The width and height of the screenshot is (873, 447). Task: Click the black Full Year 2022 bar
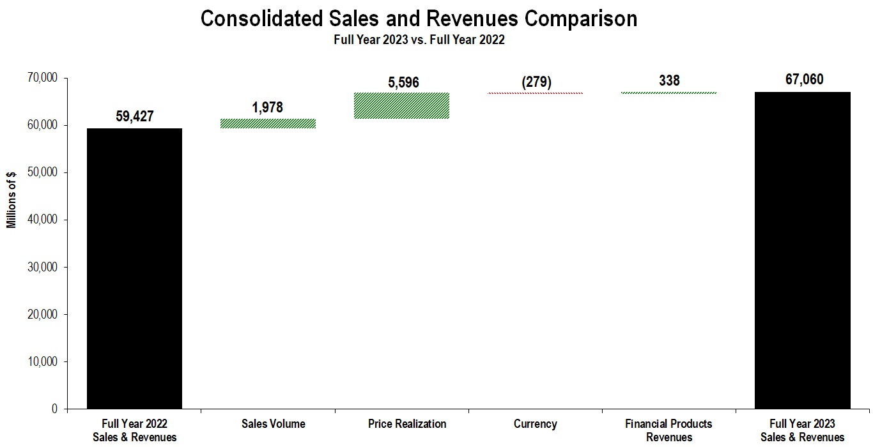[x=134, y=268]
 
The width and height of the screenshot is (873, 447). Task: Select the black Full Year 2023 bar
[x=803, y=250]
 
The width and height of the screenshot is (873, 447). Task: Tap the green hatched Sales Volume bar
[x=268, y=123]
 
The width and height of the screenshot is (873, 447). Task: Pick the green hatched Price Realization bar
[x=401, y=106]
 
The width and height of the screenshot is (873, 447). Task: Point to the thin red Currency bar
[x=535, y=93]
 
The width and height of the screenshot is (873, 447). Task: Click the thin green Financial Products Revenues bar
[x=668, y=93]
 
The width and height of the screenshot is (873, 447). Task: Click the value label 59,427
[x=134, y=116]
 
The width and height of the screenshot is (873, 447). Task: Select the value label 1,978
[x=268, y=107]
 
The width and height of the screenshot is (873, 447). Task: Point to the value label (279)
[x=535, y=82]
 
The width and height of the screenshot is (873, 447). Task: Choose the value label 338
[x=668, y=80]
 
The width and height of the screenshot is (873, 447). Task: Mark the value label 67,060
[x=803, y=80]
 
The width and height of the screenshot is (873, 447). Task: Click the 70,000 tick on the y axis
[x=43, y=78]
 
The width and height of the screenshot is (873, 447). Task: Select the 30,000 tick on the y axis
[x=43, y=267]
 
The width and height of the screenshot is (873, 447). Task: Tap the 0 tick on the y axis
[x=55, y=409]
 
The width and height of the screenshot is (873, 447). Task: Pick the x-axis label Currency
[x=535, y=424]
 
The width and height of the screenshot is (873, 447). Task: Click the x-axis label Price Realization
[x=407, y=424]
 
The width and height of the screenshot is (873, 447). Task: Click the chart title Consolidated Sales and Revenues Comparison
[x=419, y=19]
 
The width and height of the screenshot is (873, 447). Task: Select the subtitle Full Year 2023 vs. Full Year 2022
[x=419, y=40]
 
